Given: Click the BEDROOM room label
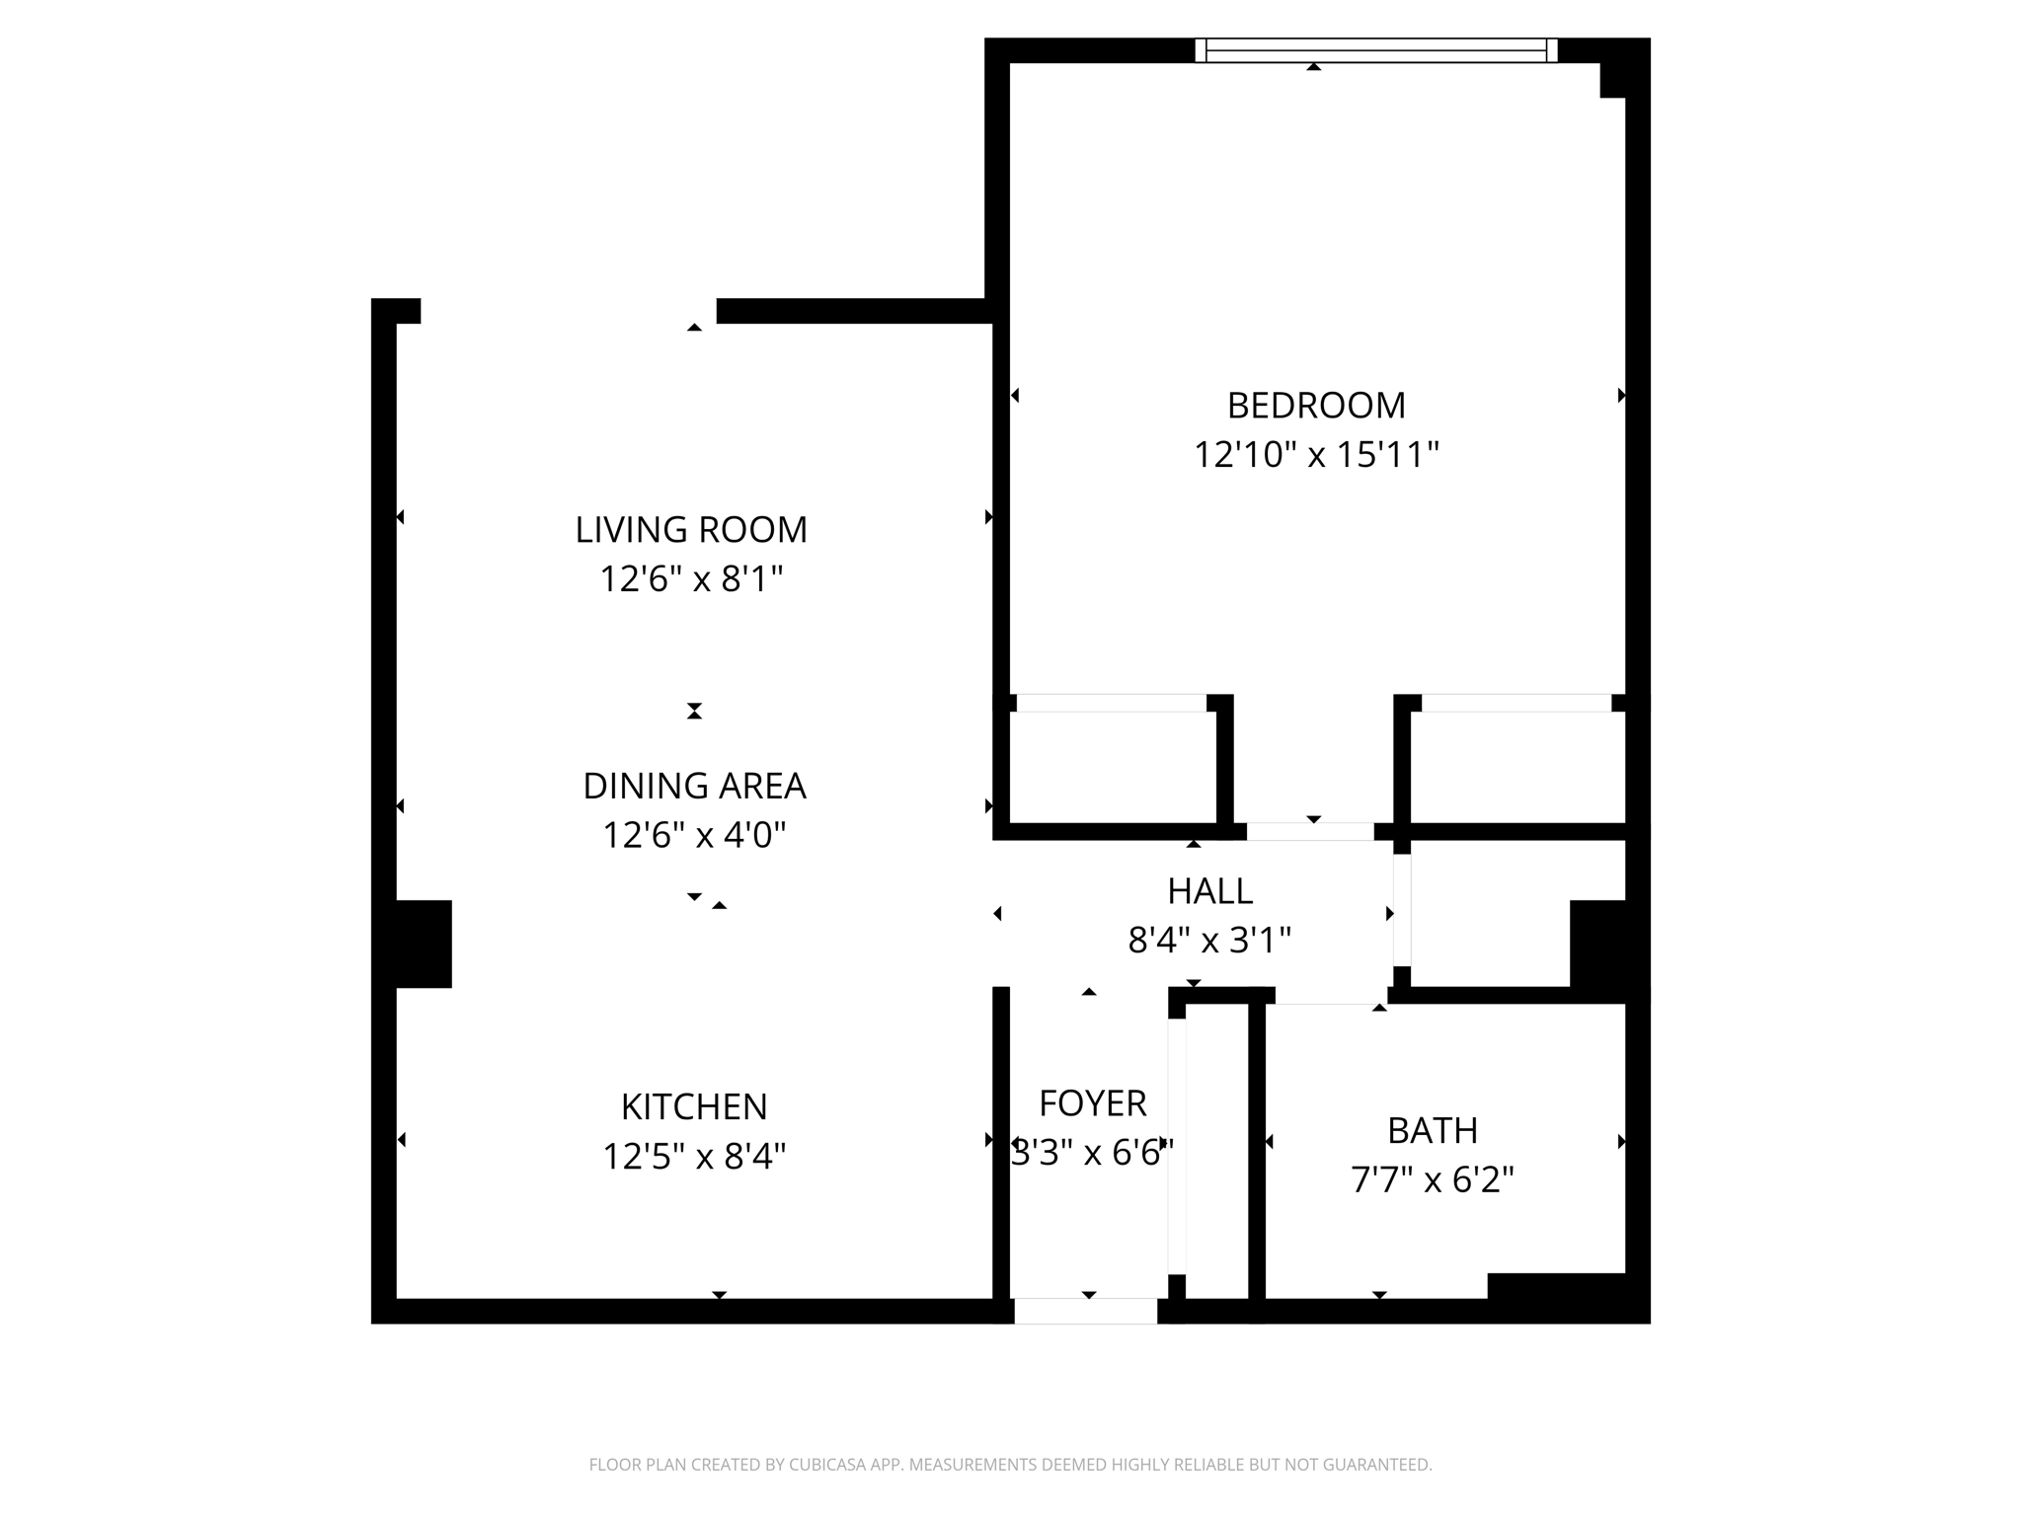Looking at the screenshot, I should coord(1315,406).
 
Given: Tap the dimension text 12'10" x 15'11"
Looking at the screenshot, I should coord(1315,455).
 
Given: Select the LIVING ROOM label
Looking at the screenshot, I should coord(691,530).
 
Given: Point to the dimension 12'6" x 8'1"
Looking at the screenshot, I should coord(691,578).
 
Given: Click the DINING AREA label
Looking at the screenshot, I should coord(694,787).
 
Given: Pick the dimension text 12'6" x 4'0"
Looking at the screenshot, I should coord(694,835).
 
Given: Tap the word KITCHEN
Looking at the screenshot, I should coord(694,1107).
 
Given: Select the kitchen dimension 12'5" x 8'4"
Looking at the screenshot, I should coord(694,1156).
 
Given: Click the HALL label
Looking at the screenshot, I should coord(1209,892).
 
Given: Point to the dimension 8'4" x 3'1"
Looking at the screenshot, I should coord(1209,941).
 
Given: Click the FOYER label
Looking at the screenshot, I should coord(1092,1103).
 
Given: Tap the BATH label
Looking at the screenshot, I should coord(1432,1131).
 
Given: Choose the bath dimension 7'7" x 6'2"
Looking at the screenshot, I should coord(1432,1179).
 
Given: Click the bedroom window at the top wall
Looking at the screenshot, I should coord(1375,50).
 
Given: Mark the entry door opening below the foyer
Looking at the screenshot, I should coord(1085,1312).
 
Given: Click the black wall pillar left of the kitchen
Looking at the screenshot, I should coord(423,944).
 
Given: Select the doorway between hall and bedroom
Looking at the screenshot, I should coord(1310,832).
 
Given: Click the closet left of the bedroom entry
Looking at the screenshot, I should coord(1112,767).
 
